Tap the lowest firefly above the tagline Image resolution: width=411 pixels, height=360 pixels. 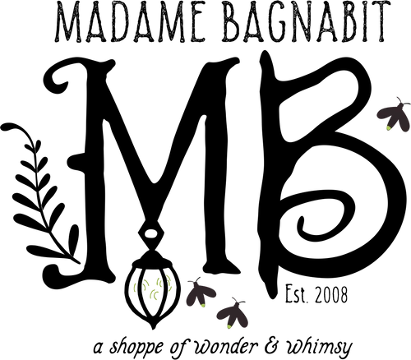pos(233,314)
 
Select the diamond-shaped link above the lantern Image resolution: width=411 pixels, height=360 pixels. pos(150,233)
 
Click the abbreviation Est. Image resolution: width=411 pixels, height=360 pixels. pos(298,294)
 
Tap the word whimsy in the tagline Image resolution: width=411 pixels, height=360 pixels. pos(318,346)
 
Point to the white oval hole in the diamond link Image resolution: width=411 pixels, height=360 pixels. pos(150,233)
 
